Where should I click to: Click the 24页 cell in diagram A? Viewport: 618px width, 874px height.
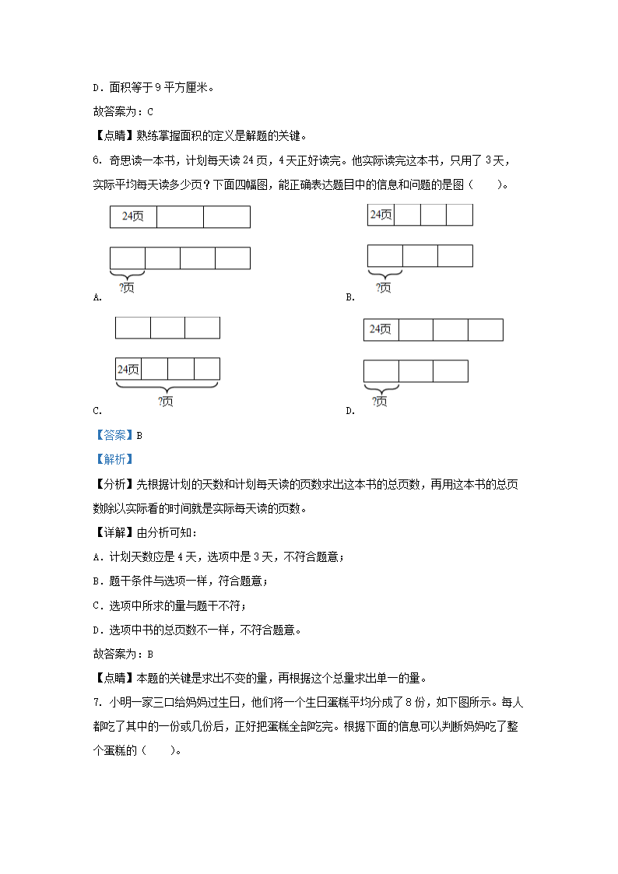(x=133, y=217)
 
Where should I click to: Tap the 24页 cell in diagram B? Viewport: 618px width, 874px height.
(x=381, y=215)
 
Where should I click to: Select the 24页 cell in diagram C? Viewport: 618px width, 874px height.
(x=128, y=369)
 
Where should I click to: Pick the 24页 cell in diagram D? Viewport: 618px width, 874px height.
(x=381, y=330)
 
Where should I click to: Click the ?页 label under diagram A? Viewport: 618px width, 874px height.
(x=127, y=288)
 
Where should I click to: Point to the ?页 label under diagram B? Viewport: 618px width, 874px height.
(x=384, y=288)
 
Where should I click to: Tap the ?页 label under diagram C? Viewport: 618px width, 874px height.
(x=166, y=402)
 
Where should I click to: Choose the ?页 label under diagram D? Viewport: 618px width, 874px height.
(x=380, y=402)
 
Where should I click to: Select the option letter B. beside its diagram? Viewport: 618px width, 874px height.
(x=350, y=297)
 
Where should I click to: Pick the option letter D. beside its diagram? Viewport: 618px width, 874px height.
(x=350, y=411)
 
